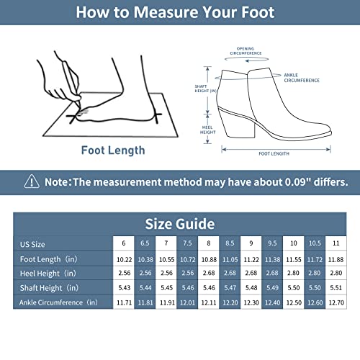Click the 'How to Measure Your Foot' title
[x=174, y=12]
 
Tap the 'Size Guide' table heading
[x=179, y=223]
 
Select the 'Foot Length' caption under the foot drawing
[x=113, y=150]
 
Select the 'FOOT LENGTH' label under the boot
[x=274, y=153]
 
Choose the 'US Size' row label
[x=32, y=243]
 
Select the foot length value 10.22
[x=123, y=258]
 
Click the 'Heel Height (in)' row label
[x=48, y=274]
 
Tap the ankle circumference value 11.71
[x=123, y=302]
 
